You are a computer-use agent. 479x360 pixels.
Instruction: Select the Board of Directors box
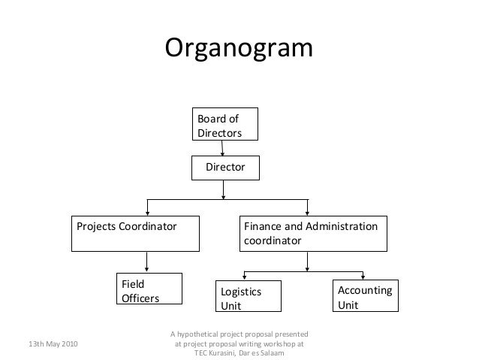[x=224, y=125]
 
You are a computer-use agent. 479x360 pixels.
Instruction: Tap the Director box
[x=226, y=168]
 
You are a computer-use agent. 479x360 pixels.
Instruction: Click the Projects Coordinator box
[x=135, y=234]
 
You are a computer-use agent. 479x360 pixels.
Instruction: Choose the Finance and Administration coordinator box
[x=313, y=234]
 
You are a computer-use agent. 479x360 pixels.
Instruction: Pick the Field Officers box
[x=149, y=291]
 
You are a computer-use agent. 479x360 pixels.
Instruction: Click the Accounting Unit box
[x=366, y=296]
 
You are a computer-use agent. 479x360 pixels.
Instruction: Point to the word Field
[x=134, y=285]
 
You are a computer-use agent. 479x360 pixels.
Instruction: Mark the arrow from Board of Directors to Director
[x=224, y=148]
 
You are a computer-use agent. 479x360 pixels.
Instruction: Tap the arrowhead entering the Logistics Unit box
[x=243, y=279]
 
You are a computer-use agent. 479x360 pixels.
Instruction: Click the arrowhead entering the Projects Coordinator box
[x=146, y=213]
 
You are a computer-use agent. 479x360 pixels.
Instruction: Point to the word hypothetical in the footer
[x=204, y=334]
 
